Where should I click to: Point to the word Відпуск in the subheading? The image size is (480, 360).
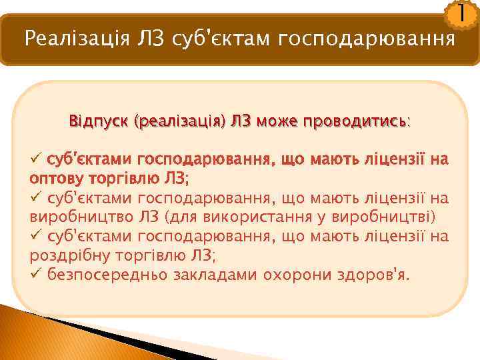(x=99, y=121)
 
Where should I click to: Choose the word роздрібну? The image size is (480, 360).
(x=64, y=256)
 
